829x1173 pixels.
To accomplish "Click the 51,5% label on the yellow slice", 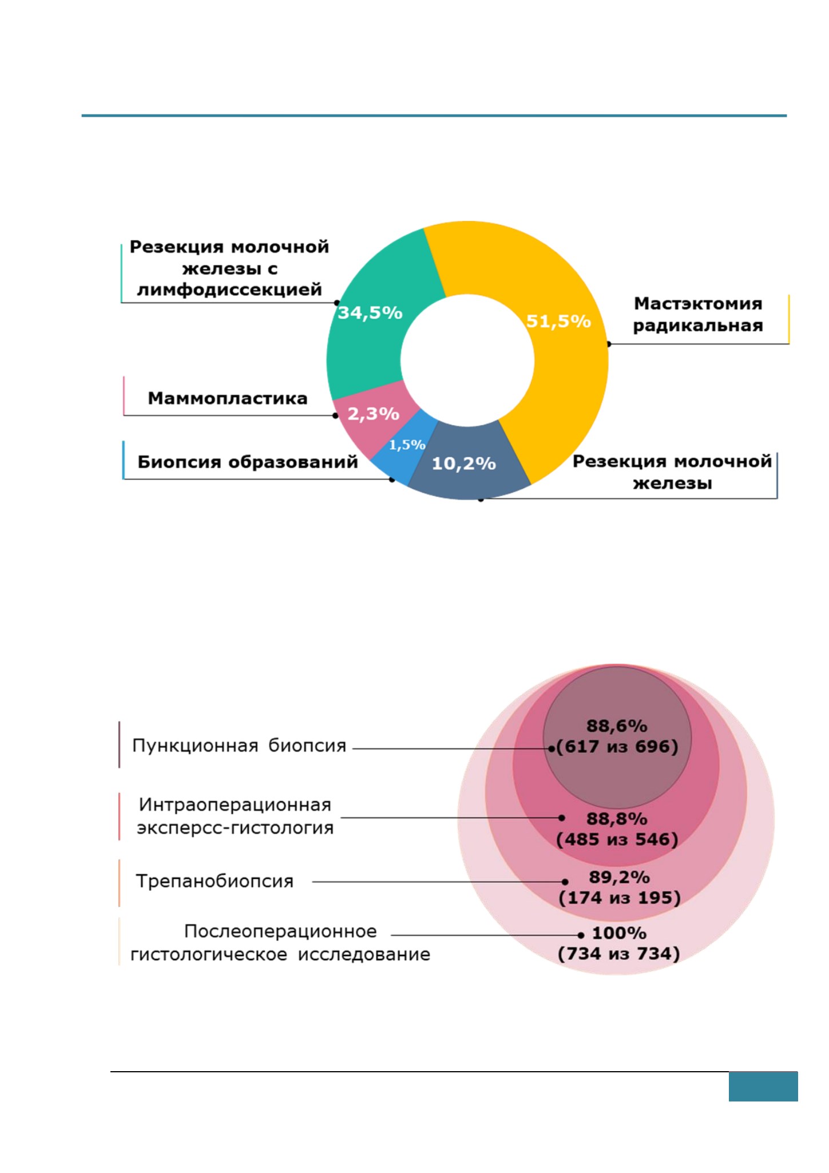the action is [558, 322].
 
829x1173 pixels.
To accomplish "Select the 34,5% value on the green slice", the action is [370, 313].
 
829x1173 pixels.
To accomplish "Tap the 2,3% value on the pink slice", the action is [374, 414].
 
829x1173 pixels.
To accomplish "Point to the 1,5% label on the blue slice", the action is [407, 445].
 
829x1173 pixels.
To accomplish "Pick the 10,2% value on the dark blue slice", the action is [463, 463].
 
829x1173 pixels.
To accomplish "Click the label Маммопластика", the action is [228, 398].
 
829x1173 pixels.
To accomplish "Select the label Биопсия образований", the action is [248, 462].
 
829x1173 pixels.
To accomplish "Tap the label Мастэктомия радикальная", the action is [698, 314].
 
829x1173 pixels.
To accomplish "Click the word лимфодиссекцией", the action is [229, 290].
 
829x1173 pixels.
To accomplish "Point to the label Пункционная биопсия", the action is [239, 746].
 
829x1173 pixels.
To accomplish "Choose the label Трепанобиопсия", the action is [215, 881].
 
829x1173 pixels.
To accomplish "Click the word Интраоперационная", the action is [235, 805].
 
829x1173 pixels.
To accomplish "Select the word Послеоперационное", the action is [280, 932].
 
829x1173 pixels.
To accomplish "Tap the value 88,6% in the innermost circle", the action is [617, 726].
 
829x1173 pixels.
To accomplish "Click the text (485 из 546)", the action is [617, 839].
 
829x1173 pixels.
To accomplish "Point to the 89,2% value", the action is [619, 877].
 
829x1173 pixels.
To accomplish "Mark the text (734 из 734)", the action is [619, 954].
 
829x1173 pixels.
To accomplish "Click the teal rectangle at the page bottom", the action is [763, 1087].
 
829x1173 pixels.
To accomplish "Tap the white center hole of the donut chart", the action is [467, 360].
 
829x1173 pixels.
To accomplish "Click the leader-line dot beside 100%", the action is [581, 935].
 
